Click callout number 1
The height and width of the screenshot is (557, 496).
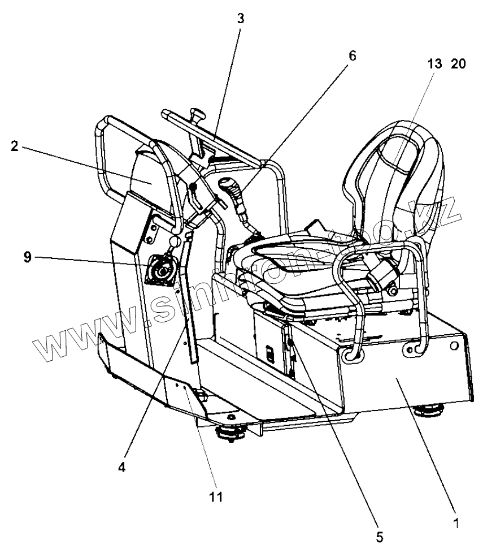coord(456,523)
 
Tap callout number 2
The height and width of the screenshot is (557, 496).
coord(15,146)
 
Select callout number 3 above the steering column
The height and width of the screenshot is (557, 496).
coord(241,18)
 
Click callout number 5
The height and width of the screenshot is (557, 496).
coord(380,537)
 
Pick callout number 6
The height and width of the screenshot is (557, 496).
coord(353,55)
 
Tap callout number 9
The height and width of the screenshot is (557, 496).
coord(27,257)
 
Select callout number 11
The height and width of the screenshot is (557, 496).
coord(216,496)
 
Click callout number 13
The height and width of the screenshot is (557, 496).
coord(435,64)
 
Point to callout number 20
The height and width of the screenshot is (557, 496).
coord(458,64)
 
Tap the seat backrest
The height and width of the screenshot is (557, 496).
coord(395,187)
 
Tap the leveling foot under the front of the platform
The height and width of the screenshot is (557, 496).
coord(230,432)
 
